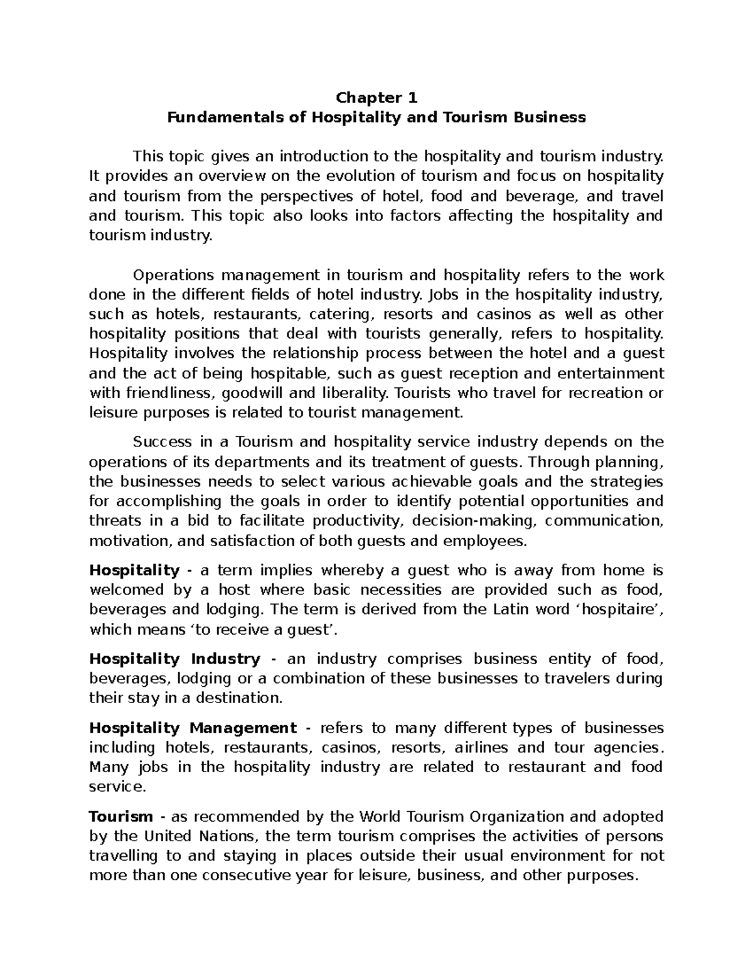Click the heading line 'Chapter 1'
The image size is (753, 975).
(x=376, y=98)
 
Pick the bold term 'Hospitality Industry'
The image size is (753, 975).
(x=174, y=659)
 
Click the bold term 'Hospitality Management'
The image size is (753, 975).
(x=193, y=728)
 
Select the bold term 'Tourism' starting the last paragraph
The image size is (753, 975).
(x=121, y=817)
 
